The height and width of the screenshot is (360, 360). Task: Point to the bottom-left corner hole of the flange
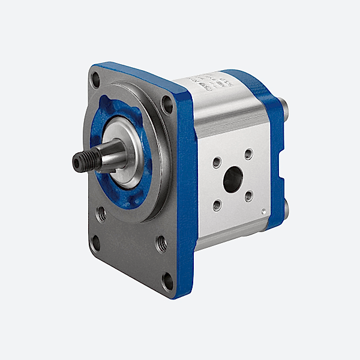pyautogui.click(x=95, y=242)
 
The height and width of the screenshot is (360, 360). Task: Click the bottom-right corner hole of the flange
pyautogui.click(x=167, y=281)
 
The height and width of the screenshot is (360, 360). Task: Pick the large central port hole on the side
pyautogui.click(x=233, y=178)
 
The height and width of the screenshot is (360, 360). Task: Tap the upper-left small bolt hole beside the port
pyautogui.click(x=217, y=162)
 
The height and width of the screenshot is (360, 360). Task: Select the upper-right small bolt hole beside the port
pyautogui.click(x=248, y=154)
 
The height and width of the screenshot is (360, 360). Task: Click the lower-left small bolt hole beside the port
pyautogui.click(x=217, y=205)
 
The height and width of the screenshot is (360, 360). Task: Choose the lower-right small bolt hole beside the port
pyautogui.click(x=248, y=196)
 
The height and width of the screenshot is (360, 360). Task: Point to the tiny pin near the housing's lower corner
pyautogui.click(x=264, y=211)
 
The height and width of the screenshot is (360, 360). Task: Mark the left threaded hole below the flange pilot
pyautogui.click(x=102, y=212)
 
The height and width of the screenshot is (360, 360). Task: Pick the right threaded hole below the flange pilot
pyautogui.click(x=160, y=242)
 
